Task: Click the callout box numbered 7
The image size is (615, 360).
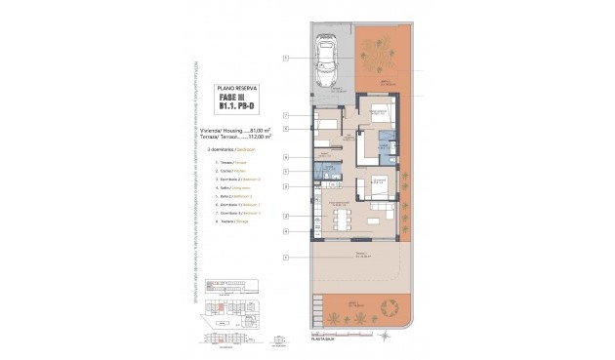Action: [286, 116]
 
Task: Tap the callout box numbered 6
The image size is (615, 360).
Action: [286, 127]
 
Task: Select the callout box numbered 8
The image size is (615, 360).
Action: [286, 156]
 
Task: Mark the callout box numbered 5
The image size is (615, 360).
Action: [286, 172]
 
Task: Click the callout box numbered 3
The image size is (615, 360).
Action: [286, 185]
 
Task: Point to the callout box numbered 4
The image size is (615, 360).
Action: [286, 231]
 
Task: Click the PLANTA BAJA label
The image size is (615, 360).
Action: [323, 338]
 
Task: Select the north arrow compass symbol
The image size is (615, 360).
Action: [384, 337]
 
